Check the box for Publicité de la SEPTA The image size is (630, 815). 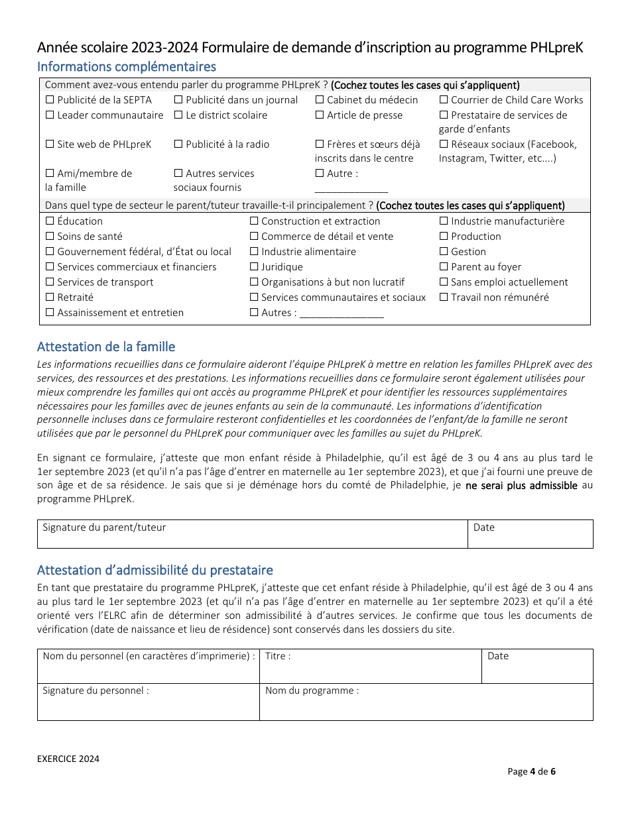[x=50, y=100]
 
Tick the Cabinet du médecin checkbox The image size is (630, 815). [x=320, y=100]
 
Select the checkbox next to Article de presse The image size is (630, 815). [x=320, y=115]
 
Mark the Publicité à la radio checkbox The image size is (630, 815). [x=178, y=144]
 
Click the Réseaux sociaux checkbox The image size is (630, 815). [x=444, y=144]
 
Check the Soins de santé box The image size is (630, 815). [x=50, y=237]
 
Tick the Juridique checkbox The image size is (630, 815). [x=254, y=267]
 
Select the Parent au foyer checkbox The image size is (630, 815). [x=444, y=267]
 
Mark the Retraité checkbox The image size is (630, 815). [x=50, y=298]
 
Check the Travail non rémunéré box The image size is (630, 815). [x=444, y=298]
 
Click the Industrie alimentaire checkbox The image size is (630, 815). [x=254, y=252]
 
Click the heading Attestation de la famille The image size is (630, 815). [x=106, y=347]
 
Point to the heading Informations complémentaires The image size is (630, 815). [x=127, y=66]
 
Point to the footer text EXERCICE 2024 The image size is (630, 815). [x=68, y=759]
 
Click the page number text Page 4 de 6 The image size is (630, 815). [x=531, y=771]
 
